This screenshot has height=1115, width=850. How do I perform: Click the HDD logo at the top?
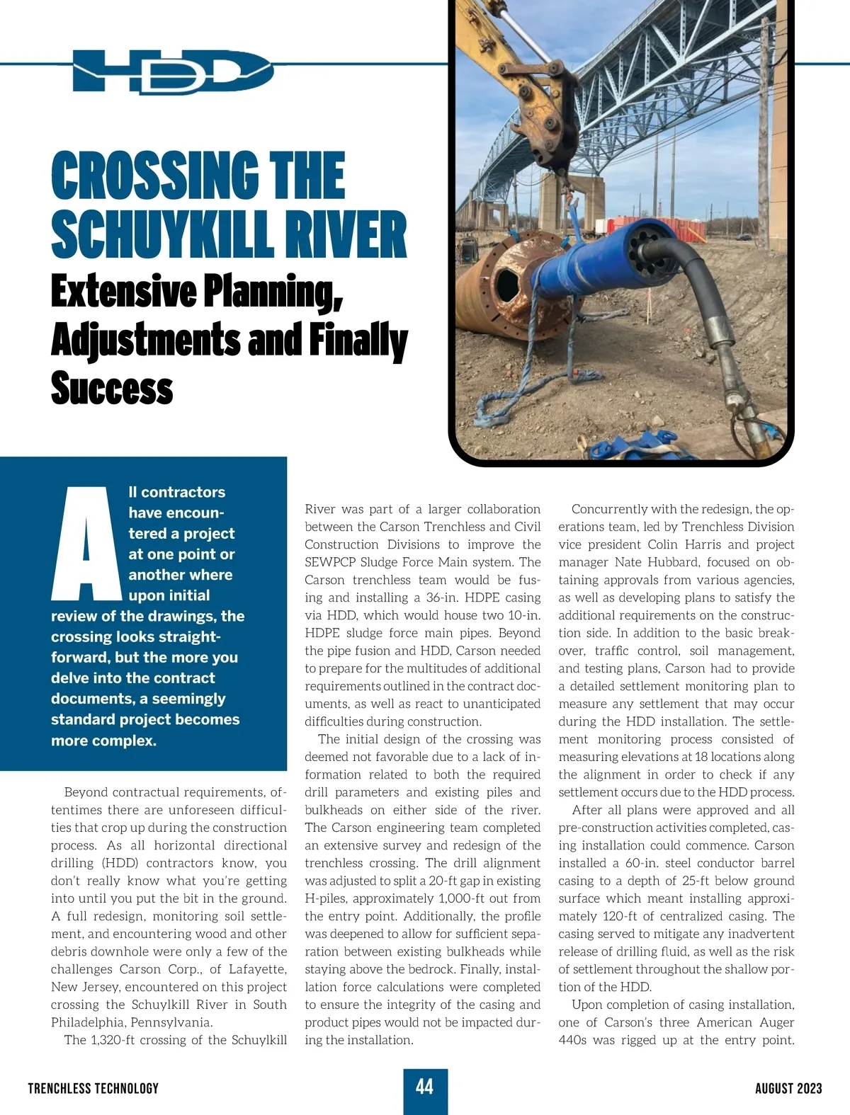172,72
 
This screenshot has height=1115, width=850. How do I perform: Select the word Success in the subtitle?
112,389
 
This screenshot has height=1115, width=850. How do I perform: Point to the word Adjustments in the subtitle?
145,341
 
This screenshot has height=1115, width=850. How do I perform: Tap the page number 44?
425,1087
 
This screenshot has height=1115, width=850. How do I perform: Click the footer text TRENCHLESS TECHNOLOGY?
93,1088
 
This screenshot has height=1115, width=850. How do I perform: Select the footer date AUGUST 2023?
788,1088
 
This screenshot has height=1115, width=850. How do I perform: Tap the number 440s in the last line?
572,1040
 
